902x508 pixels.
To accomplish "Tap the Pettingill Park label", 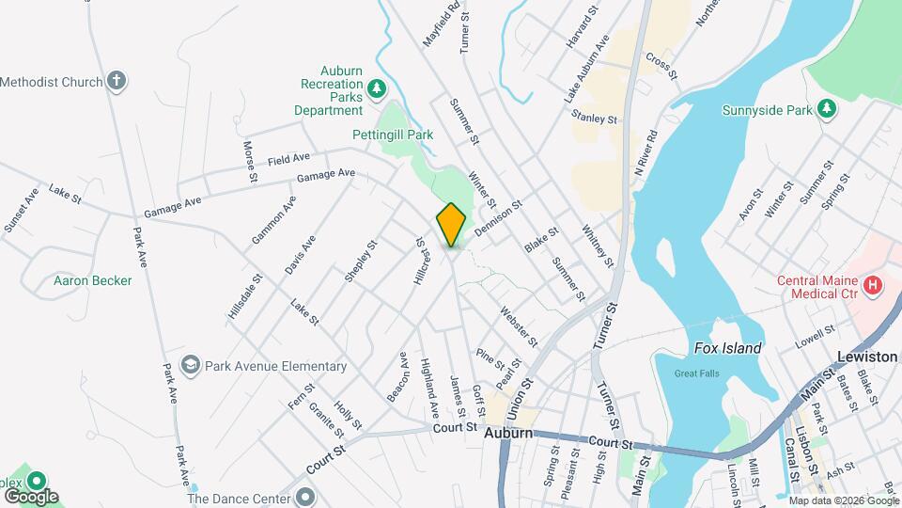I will (x=393, y=135).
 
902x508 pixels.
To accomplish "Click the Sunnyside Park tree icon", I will (x=826, y=109).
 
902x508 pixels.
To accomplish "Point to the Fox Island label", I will (x=727, y=348).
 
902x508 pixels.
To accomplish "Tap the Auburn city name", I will (x=508, y=434).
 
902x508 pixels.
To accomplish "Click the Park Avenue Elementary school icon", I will (x=192, y=365).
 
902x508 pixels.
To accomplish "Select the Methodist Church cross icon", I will (x=116, y=81).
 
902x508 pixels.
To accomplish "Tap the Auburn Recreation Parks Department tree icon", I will (x=377, y=88).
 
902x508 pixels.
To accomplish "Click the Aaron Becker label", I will (x=92, y=280).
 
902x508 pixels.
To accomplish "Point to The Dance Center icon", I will (x=303, y=497).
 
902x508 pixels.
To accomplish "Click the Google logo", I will (x=31, y=496).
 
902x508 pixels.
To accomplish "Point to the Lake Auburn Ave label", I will (x=587, y=70).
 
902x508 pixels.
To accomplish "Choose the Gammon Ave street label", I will (x=273, y=220).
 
